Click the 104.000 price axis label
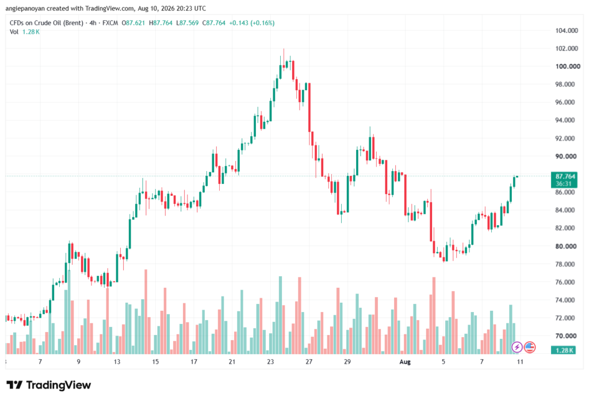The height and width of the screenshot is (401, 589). (x=567, y=30)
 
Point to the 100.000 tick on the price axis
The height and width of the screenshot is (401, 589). (x=568, y=67)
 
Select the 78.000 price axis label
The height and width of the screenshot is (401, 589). (x=565, y=264)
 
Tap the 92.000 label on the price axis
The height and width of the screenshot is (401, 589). (x=565, y=138)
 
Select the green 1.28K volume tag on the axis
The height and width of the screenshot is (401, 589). (x=564, y=350)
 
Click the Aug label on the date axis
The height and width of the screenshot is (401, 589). (x=405, y=362)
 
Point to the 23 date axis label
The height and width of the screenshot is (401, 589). (x=270, y=362)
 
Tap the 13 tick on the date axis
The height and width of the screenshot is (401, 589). (x=117, y=362)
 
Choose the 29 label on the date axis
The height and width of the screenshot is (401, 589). (x=347, y=362)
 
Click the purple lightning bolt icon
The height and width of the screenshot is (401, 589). (x=517, y=347)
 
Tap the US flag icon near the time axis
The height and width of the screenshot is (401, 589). (x=530, y=347)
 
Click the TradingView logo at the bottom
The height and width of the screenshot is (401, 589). (x=48, y=385)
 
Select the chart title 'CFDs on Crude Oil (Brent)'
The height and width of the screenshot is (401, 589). (x=47, y=23)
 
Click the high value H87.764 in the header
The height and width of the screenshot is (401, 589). (x=161, y=23)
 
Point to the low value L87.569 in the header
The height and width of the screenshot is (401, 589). (x=188, y=23)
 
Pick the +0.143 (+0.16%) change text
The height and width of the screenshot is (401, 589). (x=252, y=23)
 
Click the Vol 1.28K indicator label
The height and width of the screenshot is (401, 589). (x=24, y=32)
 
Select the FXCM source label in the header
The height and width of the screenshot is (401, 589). (x=110, y=23)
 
